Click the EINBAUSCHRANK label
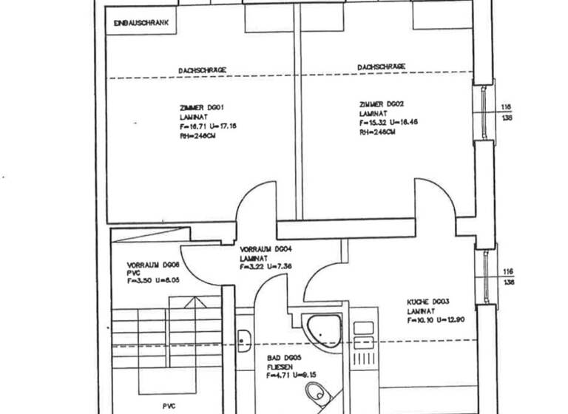(x=141, y=24)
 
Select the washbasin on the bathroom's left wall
(x=245, y=341)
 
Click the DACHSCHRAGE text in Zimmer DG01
(x=202, y=69)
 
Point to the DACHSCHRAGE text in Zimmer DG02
(x=381, y=67)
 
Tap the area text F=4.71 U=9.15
(x=292, y=376)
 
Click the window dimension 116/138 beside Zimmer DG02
(x=507, y=111)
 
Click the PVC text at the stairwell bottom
(x=171, y=406)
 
